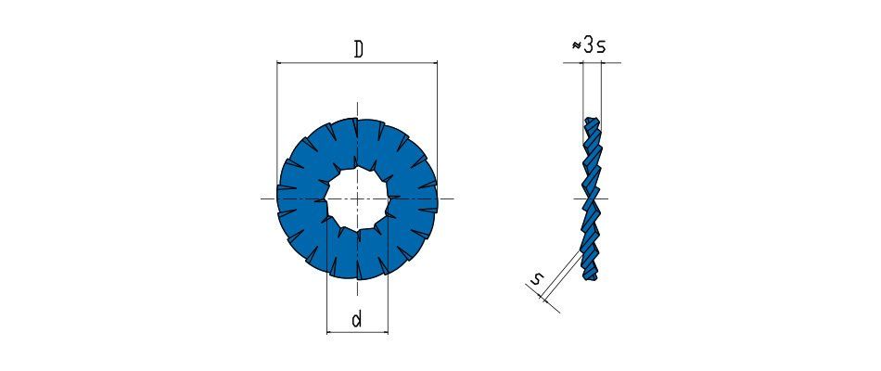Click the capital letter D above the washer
[x=358, y=49]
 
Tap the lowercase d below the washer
[x=357, y=320]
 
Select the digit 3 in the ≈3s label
[x=588, y=46]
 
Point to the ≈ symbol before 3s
[x=577, y=46]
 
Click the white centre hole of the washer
[x=357, y=199]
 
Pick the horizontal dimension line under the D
[x=357, y=62]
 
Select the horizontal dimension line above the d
[x=357, y=332]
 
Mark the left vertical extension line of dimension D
[x=277, y=128]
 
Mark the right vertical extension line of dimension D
[x=437, y=128]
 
